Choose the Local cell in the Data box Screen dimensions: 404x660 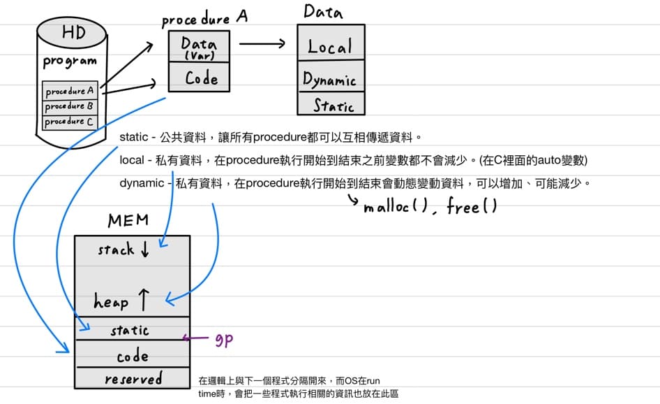(x=330, y=47)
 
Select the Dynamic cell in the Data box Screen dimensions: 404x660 (x=330, y=80)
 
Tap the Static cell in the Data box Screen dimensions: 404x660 (x=333, y=106)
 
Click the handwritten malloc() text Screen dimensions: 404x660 (x=393, y=207)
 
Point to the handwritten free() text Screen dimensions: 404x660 (x=472, y=207)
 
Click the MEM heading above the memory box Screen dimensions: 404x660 (x=128, y=221)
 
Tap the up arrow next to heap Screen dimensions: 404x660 (x=144, y=301)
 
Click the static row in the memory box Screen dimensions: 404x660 (x=130, y=330)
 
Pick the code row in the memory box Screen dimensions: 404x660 (x=132, y=356)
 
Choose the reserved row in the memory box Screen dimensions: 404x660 (x=133, y=380)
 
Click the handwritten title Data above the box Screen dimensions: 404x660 (x=323, y=11)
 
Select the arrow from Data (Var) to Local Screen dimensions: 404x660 (x=262, y=43)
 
